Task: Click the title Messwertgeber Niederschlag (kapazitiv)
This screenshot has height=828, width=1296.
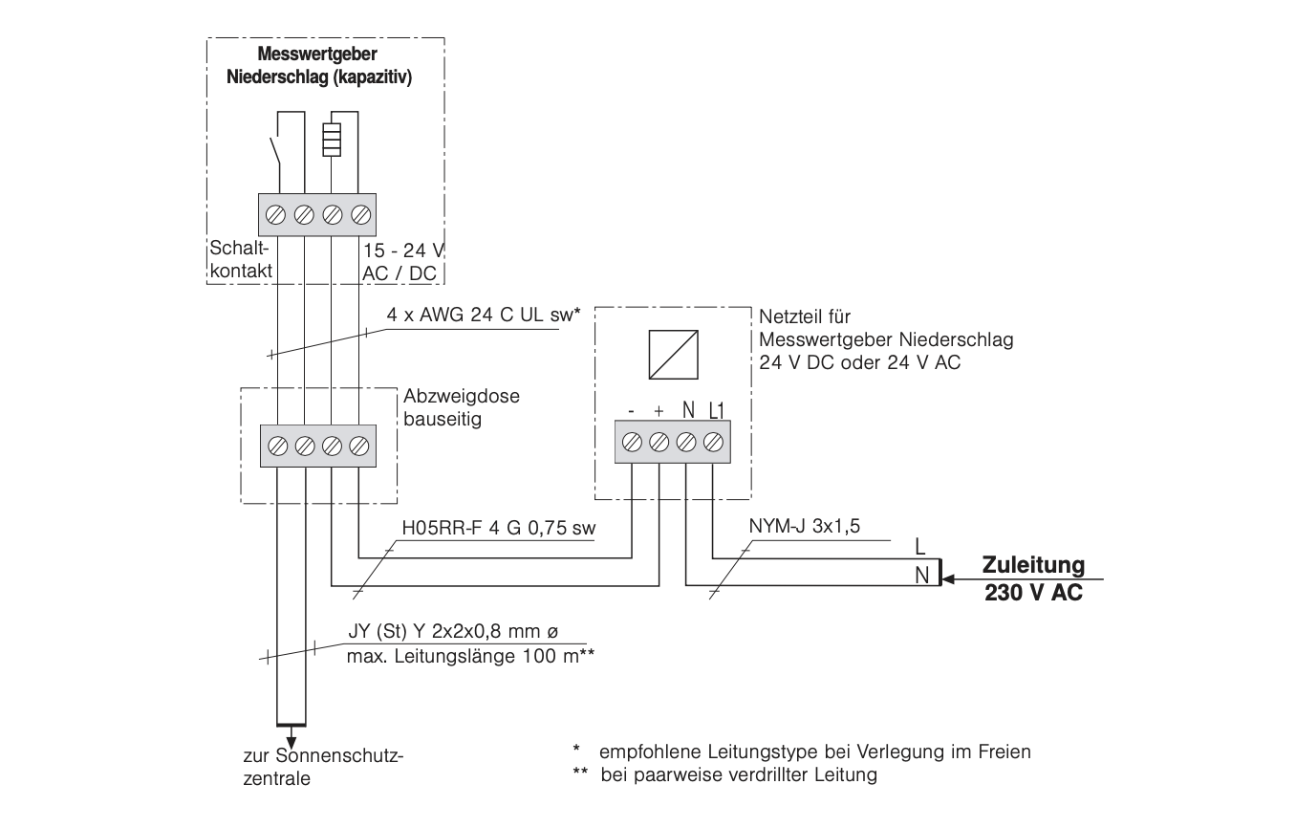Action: pos(319,68)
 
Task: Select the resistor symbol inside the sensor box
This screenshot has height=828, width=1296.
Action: pos(331,140)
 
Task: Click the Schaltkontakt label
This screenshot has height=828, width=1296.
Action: pos(240,260)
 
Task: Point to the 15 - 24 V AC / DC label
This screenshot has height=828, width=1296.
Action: pos(404,260)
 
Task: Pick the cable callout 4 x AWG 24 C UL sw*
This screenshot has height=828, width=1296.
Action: pos(484,315)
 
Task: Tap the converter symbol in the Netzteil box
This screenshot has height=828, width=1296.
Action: pos(672,354)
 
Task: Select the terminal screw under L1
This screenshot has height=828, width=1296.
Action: pos(712,443)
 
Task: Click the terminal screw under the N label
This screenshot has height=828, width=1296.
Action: pos(686,443)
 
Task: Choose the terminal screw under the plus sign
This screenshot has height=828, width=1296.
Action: pos(659,443)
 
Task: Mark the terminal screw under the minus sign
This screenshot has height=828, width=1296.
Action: pos(632,443)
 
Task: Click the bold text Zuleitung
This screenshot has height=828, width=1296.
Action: pos(1033,565)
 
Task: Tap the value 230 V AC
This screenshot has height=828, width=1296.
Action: pos(1033,592)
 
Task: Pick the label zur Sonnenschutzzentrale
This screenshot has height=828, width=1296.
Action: pos(324,766)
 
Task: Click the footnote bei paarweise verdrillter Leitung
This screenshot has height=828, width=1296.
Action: pos(739,774)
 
